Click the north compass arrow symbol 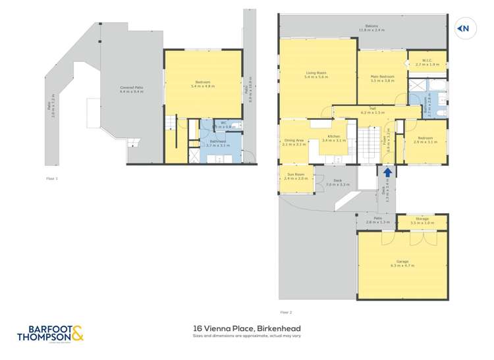(464, 28)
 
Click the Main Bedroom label (382, 78)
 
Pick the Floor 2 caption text (285, 313)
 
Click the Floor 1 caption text (52, 178)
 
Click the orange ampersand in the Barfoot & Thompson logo (77, 334)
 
